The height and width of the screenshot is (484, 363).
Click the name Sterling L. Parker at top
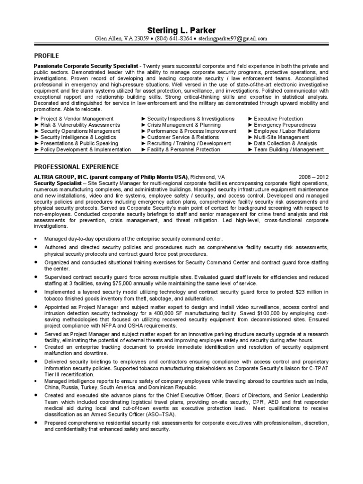[x=181, y=30]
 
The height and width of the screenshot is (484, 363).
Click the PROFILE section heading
[x=46, y=55]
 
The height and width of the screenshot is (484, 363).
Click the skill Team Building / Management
[x=288, y=149]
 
